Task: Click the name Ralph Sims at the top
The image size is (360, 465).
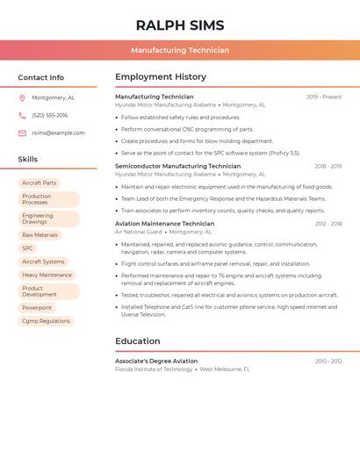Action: click(x=180, y=25)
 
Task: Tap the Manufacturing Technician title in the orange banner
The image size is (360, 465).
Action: click(x=180, y=50)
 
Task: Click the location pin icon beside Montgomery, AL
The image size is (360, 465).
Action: click(x=22, y=98)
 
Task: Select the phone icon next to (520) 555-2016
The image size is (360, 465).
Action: click(x=22, y=116)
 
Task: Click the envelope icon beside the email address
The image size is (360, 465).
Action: click(x=22, y=133)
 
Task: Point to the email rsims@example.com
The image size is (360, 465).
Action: click(x=58, y=133)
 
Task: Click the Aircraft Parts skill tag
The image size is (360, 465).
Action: click(x=39, y=183)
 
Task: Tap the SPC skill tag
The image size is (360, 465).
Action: click(x=27, y=248)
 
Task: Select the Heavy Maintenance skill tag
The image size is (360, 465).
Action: click(x=47, y=275)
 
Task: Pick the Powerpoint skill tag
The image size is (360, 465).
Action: click(x=37, y=308)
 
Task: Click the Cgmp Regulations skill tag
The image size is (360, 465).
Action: click(x=46, y=321)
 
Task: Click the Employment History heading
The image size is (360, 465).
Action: click(x=161, y=77)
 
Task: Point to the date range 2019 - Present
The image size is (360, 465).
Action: click(x=324, y=97)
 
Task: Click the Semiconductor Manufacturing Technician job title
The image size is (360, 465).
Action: click(x=177, y=166)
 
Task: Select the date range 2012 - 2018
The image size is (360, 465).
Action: click(x=328, y=224)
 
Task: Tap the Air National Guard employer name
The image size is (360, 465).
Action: click(x=139, y=232)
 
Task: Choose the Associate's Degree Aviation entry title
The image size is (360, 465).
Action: click(x=156, y=361)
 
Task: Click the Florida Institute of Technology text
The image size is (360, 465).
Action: click(x=154, y=369)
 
